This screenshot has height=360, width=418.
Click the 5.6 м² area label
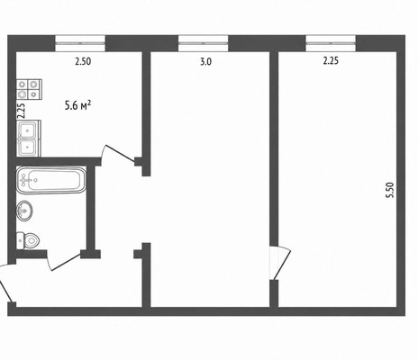[x=77, y=105]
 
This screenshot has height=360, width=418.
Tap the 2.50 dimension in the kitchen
[x=83, y=61]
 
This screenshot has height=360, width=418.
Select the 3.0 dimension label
[x=206, y=62]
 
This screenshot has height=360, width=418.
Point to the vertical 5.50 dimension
[x=390, y=190]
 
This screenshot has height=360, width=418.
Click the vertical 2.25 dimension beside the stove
[x=21, y=111]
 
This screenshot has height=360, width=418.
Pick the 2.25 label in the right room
[x=331, y=61]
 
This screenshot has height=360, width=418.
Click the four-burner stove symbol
[x=29, y=89]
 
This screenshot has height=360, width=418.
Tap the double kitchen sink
[x=29, y=139]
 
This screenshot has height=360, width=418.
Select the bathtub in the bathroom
[x=51, y=180]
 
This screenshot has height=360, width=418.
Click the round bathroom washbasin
[x=24, y=211]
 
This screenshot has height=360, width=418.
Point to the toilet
[x=28, y=240]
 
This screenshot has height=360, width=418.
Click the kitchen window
[x=80, y=43]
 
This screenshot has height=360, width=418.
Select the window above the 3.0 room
[x=204, y=43]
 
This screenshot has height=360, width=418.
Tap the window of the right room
[x=331, y=43]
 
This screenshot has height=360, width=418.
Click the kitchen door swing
[x=117, y=154]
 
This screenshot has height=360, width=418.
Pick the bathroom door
[x=63, y=262]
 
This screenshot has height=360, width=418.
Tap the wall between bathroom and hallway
[x=91, y=208]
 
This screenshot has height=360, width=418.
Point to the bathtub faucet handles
[x=24, y=180]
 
